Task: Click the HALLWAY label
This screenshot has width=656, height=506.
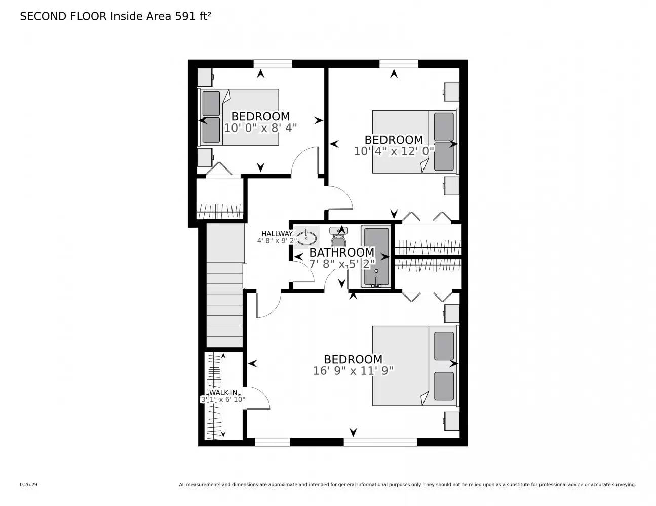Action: coord(277,233)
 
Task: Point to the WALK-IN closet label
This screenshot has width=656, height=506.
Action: coord(223,392)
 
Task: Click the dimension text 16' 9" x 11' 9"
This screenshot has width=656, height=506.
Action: coord(353,371)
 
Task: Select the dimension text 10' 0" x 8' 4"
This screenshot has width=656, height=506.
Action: coord(260,128)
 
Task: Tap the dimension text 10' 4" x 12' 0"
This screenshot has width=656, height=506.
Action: coord(394,151)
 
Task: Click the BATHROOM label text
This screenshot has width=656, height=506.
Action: coord(341,252)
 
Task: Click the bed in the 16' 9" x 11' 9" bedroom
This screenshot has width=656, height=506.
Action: coord(414,366)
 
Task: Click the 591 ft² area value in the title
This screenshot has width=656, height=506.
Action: coord(192,16)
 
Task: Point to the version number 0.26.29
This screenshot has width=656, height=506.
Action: coord(28,484)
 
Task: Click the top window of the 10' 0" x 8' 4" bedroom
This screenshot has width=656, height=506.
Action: coord(273,63)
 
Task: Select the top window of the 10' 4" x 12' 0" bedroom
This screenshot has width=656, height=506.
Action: coord(399,63)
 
